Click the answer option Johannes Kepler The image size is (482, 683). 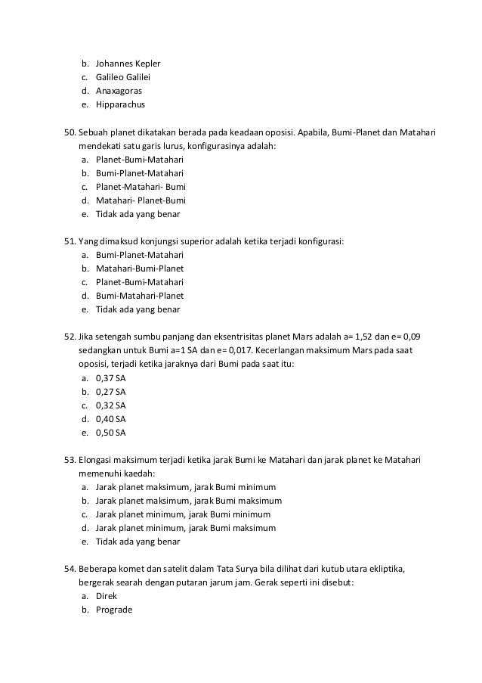point(128,63)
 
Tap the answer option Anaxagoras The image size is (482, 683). point(119,91)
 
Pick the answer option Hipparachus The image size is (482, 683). point(120,104)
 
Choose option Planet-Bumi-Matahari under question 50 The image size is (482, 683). point(139,160)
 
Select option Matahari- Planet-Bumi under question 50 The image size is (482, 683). point(141,200)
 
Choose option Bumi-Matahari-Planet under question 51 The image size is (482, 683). point(140,296)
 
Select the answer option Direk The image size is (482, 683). point(107,596)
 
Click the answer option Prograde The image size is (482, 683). point(113,610)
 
